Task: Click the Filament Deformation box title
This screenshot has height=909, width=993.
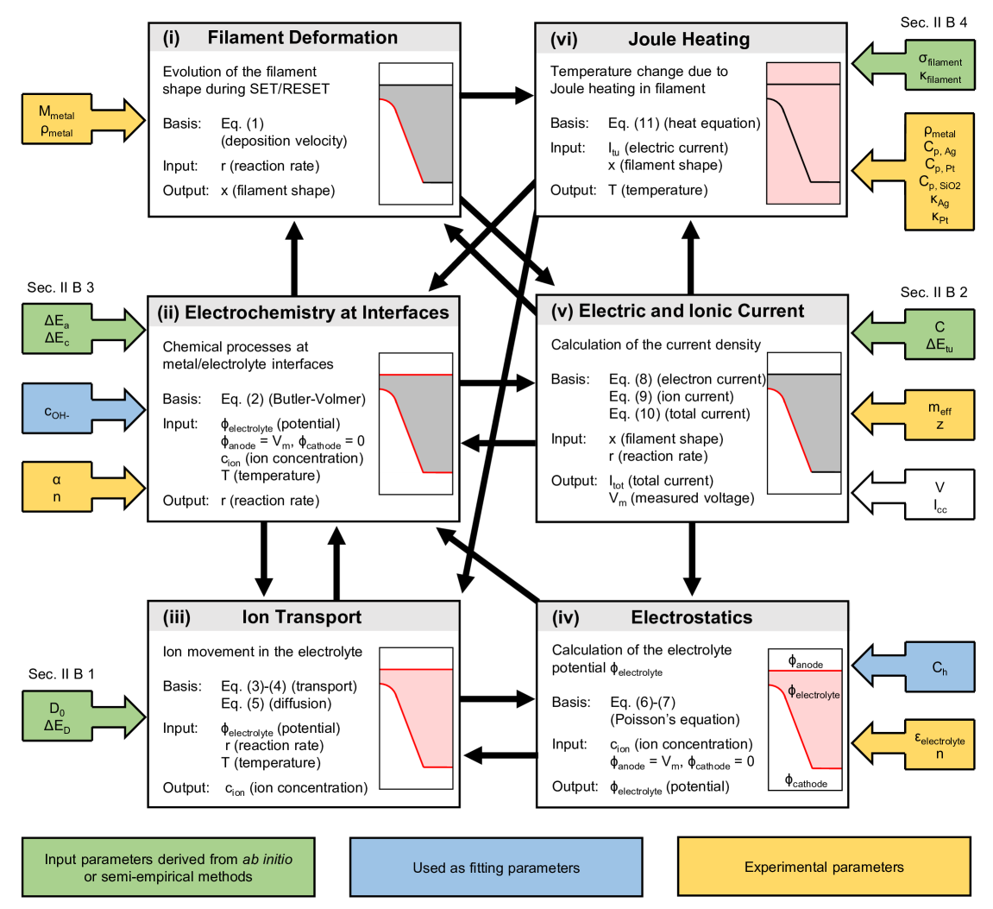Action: click(302, 38)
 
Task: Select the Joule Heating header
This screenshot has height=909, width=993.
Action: click(689, 40)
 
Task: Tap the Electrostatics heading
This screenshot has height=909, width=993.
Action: click(691, 617)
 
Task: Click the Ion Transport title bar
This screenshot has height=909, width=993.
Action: click(302, 617)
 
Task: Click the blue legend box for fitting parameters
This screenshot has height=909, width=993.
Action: click(496, 868)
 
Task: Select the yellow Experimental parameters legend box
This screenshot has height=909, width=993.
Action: click(824, 868)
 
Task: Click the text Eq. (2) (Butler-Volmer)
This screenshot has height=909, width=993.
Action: click(293, 399)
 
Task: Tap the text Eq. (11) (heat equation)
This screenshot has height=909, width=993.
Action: click(684, 123)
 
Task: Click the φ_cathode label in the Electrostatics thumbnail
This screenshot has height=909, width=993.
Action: click(806, 783)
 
